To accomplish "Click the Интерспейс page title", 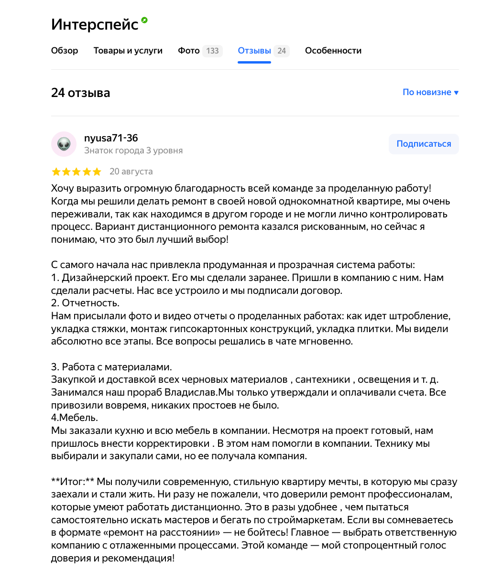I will pos(94,24).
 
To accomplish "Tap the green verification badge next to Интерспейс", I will pos(144,20).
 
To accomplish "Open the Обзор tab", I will pos(65,51).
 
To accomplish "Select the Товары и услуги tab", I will pos(128,51).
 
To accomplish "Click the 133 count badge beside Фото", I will pos(212,51).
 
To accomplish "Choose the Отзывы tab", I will pos(254,51).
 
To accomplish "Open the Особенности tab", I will pos(333,51).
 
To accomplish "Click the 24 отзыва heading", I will pos(80,93).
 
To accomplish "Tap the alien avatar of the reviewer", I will pos(64,144).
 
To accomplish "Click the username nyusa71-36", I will pos(111,138).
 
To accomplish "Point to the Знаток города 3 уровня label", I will pos(133,151).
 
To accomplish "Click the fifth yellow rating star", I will pos(97,172).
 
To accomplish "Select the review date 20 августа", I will pos(131,171).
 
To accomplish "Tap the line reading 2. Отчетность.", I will pos(85,303).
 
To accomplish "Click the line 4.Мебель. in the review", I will pos(74,418).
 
